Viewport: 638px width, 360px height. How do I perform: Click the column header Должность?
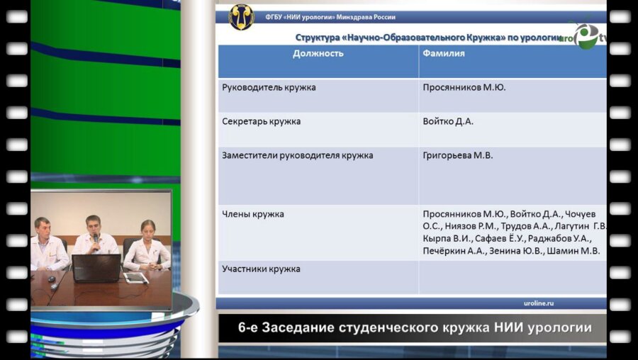click(318, 53)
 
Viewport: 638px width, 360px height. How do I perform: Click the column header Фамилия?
click(444, 53)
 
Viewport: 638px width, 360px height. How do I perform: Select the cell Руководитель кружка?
click(269, 88)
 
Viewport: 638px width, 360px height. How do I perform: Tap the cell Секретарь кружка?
click(261, 122)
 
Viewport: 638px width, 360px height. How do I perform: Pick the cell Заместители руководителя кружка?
click(297, 156)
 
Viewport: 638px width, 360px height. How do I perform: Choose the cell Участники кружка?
click(261, 269)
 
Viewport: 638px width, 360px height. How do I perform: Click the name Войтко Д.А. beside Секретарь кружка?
click(448, 122)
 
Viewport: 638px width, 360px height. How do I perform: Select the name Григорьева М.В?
click(457, 156)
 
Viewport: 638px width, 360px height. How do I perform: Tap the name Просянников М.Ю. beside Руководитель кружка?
click(464, 88)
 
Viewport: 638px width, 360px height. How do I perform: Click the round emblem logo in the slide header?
click(240, 16)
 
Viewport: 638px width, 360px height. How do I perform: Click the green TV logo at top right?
click(586, 35)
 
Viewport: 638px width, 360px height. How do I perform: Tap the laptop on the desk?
click(96, 268)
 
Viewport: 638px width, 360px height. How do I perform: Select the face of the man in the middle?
click(93, 225)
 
